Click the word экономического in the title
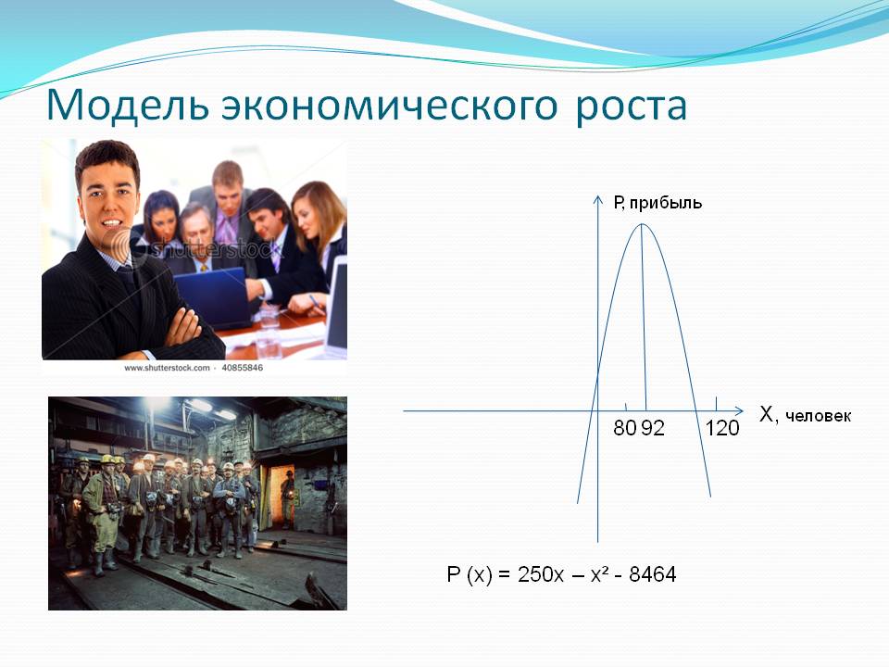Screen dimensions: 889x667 pos(390,106)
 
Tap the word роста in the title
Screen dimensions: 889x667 pos(631,107)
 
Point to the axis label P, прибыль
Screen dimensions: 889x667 pos(657,203)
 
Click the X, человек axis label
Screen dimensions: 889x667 pos(805,415)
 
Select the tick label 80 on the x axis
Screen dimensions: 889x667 pos(625,428)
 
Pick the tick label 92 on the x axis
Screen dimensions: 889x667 pos(653,428)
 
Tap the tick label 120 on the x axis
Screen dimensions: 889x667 pos(722,428)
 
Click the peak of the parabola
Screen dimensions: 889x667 pos(641,224)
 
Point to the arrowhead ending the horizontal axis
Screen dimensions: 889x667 pos(739,410)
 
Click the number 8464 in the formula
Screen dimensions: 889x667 pos(653,574)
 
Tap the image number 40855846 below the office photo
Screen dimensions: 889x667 pos(242,368)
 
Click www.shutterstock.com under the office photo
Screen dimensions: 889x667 pos(167,368)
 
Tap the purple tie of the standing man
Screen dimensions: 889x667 pos(227,227)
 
